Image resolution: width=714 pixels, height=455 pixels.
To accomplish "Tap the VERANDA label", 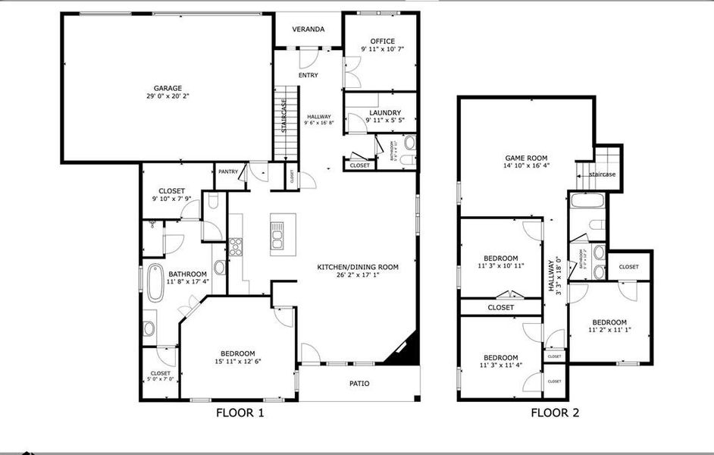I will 308,30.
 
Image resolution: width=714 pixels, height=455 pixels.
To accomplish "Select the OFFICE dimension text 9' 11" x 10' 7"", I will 382,49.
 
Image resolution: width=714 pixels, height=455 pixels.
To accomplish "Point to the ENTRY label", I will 308,75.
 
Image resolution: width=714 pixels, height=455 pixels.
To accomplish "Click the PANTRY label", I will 228,172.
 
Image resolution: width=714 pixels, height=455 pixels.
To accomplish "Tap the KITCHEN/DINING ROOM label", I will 357,267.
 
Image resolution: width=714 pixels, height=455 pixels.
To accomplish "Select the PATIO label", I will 359,384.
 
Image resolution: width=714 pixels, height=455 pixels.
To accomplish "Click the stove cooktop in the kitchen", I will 236,245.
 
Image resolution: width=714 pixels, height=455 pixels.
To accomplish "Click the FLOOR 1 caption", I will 240,413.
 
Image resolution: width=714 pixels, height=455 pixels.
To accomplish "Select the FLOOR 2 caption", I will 555,413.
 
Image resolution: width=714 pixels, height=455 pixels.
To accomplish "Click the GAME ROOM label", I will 526,156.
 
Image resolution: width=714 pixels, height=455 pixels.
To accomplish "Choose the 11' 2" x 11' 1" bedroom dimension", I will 609,330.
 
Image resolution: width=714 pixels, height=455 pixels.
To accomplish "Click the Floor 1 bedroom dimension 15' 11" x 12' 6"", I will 237,362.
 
